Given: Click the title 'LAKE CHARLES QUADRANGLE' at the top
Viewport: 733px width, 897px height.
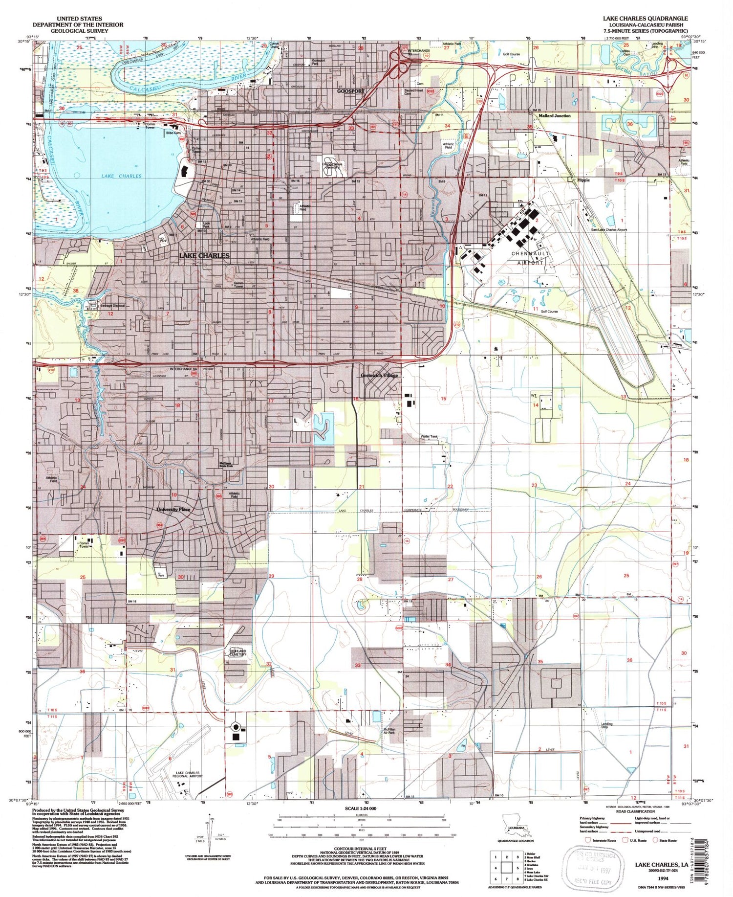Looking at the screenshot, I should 645,18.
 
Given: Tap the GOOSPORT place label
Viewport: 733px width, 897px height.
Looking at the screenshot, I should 351,91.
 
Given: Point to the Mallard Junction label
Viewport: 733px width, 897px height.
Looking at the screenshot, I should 555,116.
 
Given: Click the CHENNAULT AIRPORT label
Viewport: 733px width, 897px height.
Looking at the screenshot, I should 530,258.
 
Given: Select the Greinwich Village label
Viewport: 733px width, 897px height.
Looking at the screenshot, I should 379,376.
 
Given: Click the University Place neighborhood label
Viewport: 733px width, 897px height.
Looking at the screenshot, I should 173,509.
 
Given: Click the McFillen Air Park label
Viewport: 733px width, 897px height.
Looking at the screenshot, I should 389,731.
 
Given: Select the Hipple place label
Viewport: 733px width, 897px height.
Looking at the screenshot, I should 583,180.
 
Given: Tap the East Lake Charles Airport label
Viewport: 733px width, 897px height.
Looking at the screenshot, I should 609,230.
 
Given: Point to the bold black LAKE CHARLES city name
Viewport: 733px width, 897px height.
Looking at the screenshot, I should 204,255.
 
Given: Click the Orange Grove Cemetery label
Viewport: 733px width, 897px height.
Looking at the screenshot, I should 332,165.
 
